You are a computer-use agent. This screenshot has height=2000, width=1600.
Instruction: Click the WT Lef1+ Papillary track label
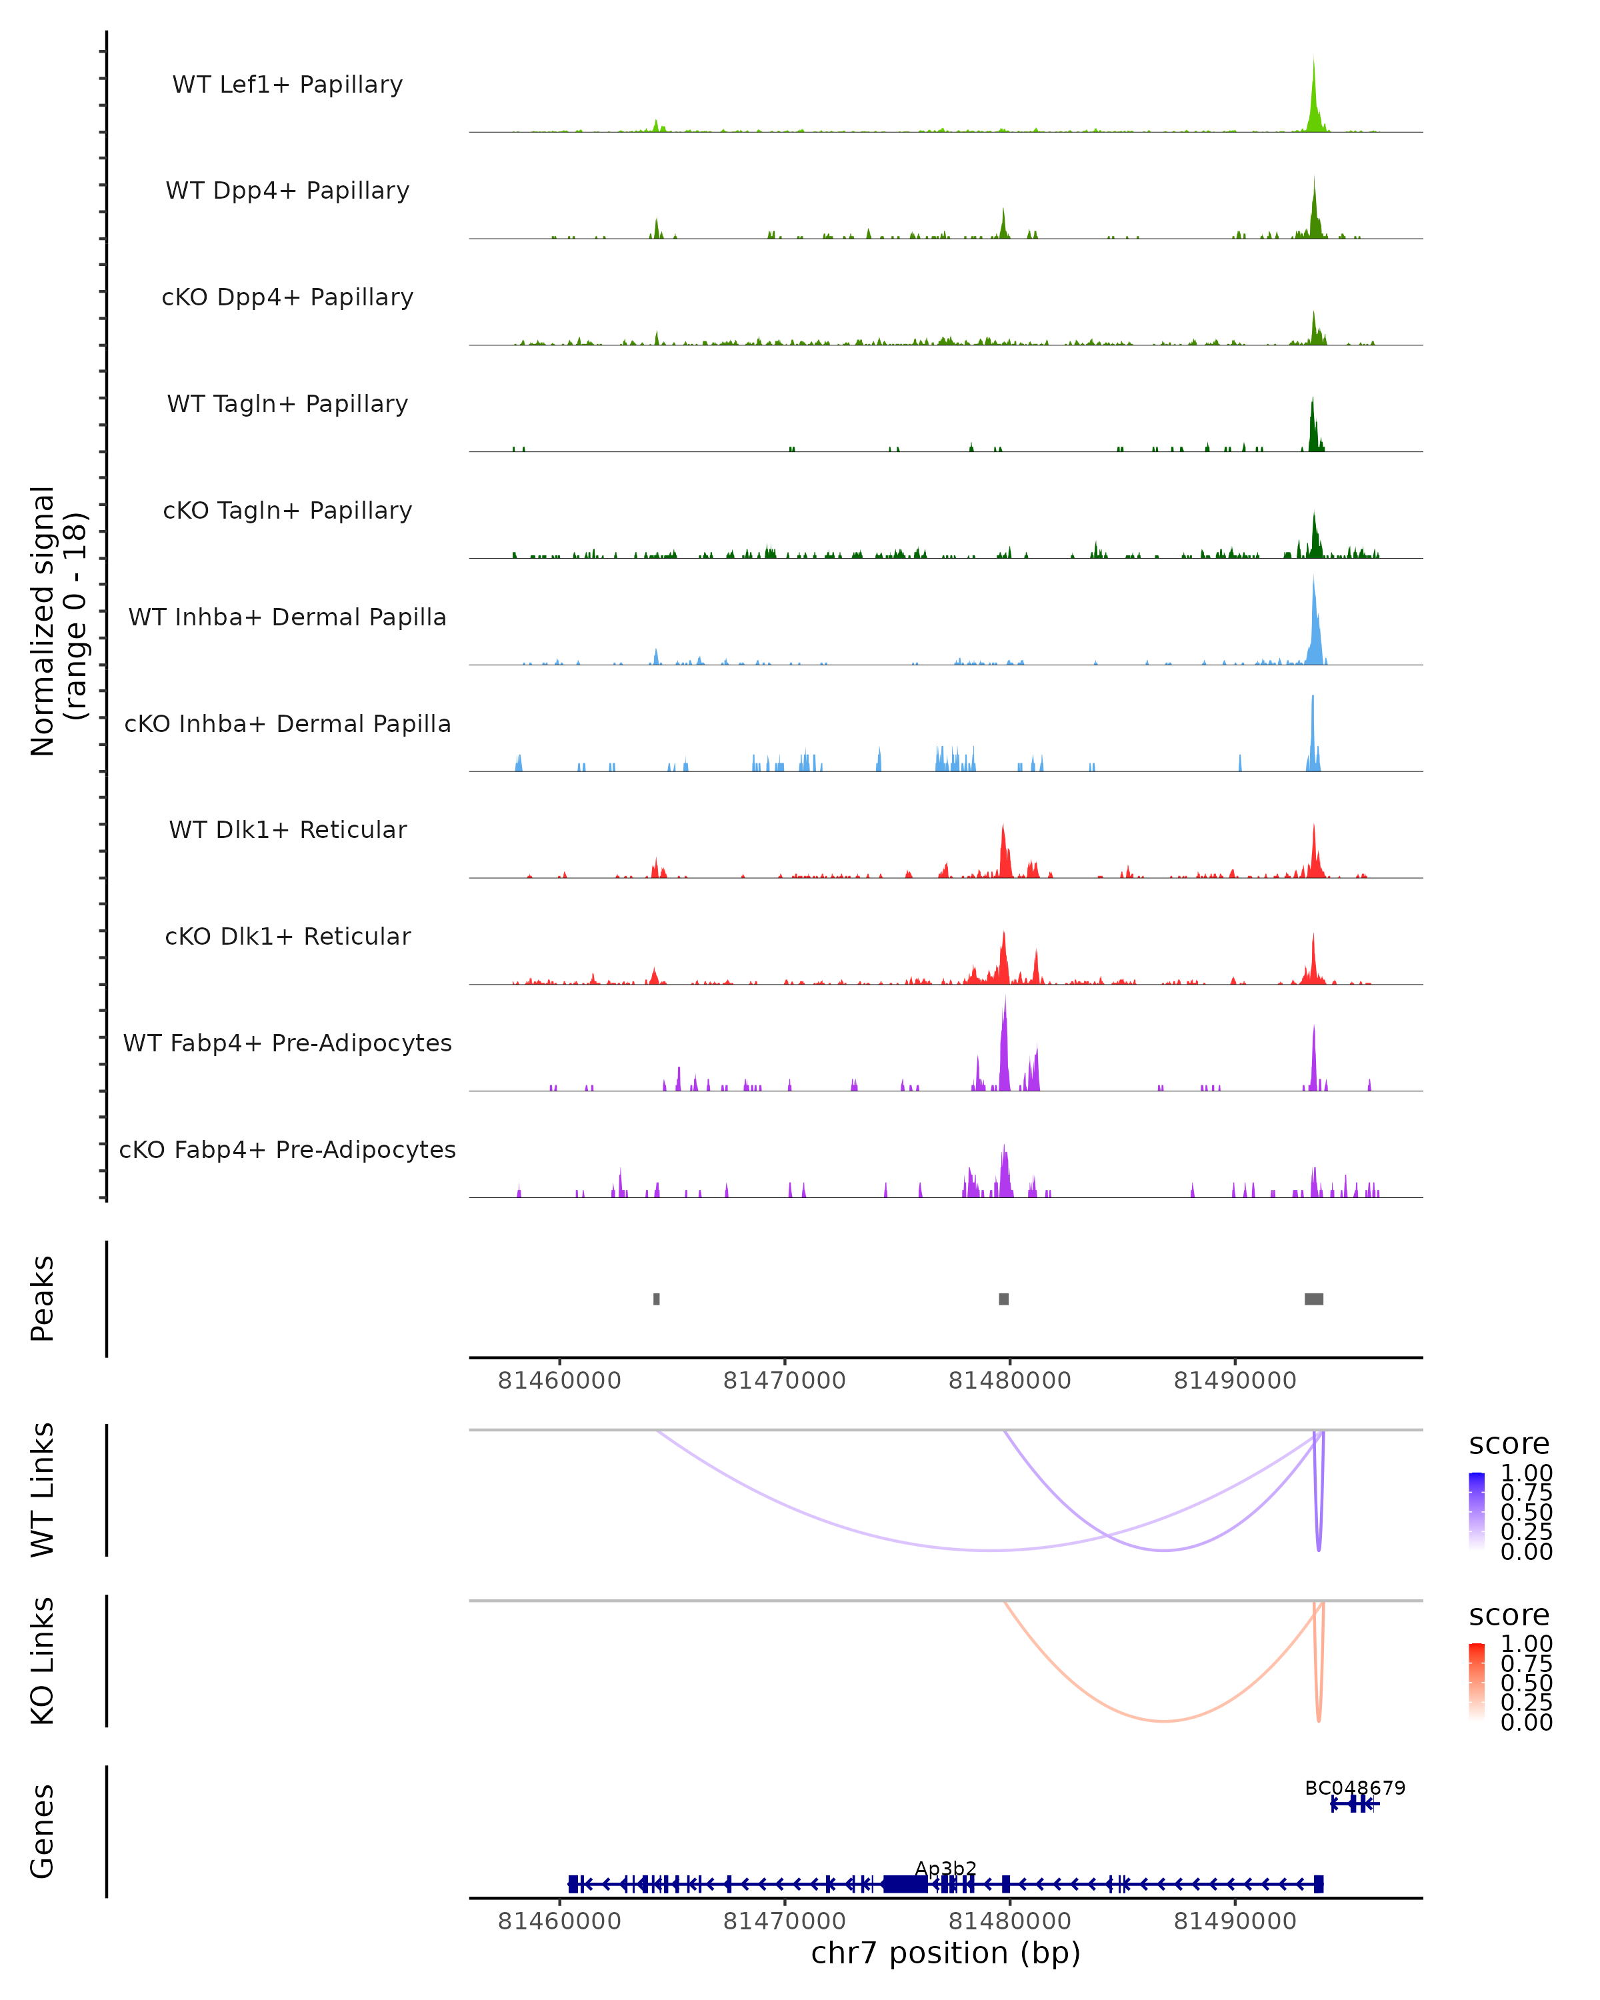(287, 85)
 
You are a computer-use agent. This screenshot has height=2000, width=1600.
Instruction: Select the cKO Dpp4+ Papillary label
(287, 297)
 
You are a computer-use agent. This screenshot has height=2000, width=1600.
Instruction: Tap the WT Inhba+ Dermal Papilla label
(287, 617)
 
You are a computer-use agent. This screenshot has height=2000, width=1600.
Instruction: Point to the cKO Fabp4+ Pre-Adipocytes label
(287, 1149)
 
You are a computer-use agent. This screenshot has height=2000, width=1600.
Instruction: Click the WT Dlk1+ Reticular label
(287, 829)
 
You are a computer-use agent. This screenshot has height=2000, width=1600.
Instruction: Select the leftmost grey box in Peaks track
(657, 1299)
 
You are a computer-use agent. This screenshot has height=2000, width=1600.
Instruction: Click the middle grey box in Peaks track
(1003, 1299)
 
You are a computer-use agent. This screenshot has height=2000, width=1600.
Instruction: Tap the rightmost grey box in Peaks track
(1313, 1299)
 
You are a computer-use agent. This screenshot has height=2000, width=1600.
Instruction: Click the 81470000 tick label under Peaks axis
(784, 1381)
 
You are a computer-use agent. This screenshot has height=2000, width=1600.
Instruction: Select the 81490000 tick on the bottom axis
(1235, 1921)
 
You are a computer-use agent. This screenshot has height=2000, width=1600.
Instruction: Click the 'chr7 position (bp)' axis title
(945, 1953)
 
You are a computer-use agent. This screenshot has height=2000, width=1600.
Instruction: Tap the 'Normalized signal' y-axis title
(43, 621)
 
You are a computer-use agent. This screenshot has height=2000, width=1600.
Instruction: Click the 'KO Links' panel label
(43, 1661)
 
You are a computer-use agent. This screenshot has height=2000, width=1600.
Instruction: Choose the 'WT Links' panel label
(43, 1490)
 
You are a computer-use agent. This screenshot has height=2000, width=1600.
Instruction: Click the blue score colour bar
(1477, 1509)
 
